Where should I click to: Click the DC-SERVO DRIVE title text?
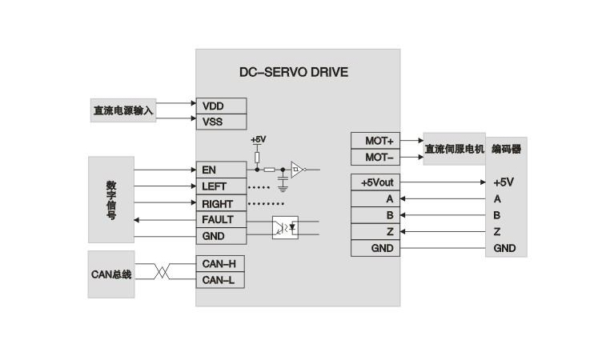pos(294,72)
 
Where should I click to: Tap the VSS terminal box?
pos(221,122)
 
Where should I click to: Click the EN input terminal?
pos(221,170)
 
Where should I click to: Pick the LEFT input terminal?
pos(221,186)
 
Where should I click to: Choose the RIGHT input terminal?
pos(221,203)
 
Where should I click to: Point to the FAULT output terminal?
pos(221,219)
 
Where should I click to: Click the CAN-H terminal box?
pos(220,263)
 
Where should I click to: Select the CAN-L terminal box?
pos(220,279)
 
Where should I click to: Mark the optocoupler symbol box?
pos(285,227)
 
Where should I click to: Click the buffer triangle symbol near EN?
pos(297,170)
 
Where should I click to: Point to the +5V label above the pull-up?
pos(258,140)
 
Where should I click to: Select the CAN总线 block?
pos(110,274)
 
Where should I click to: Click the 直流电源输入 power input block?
pos(123,110)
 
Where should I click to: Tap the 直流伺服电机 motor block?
pos(454,149)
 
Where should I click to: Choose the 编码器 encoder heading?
pos(506,149)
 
